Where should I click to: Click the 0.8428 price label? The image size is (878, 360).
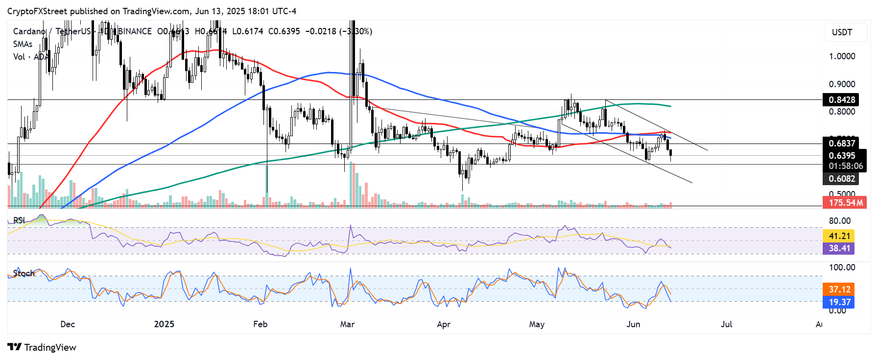[842, 100]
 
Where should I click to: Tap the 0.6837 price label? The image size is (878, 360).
[842, 143]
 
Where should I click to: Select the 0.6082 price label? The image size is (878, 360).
[842, 179]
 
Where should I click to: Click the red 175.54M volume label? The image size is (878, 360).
[846, 202]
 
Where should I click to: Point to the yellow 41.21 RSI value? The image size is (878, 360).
[839, 236]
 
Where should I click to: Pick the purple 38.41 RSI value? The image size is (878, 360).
[839, 248]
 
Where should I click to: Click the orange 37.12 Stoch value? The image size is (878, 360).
[839, 289]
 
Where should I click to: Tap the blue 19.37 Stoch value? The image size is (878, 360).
[839, 302]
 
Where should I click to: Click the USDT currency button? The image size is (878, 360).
[842, 32]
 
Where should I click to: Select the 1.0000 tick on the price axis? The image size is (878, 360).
[842, 56]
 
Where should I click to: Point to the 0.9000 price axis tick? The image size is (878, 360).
[842, 84]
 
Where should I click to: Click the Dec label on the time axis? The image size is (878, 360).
[68, 324]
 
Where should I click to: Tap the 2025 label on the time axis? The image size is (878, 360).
[164, 324]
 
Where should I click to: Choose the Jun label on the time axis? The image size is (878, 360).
[633, 324]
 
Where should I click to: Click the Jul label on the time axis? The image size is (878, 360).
[726, 324]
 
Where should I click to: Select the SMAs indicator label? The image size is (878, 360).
[23, 44]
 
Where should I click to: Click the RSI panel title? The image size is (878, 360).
[19, 220]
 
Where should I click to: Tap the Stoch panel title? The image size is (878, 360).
[24, 273]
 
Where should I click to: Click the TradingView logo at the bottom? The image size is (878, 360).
[42, 347]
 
